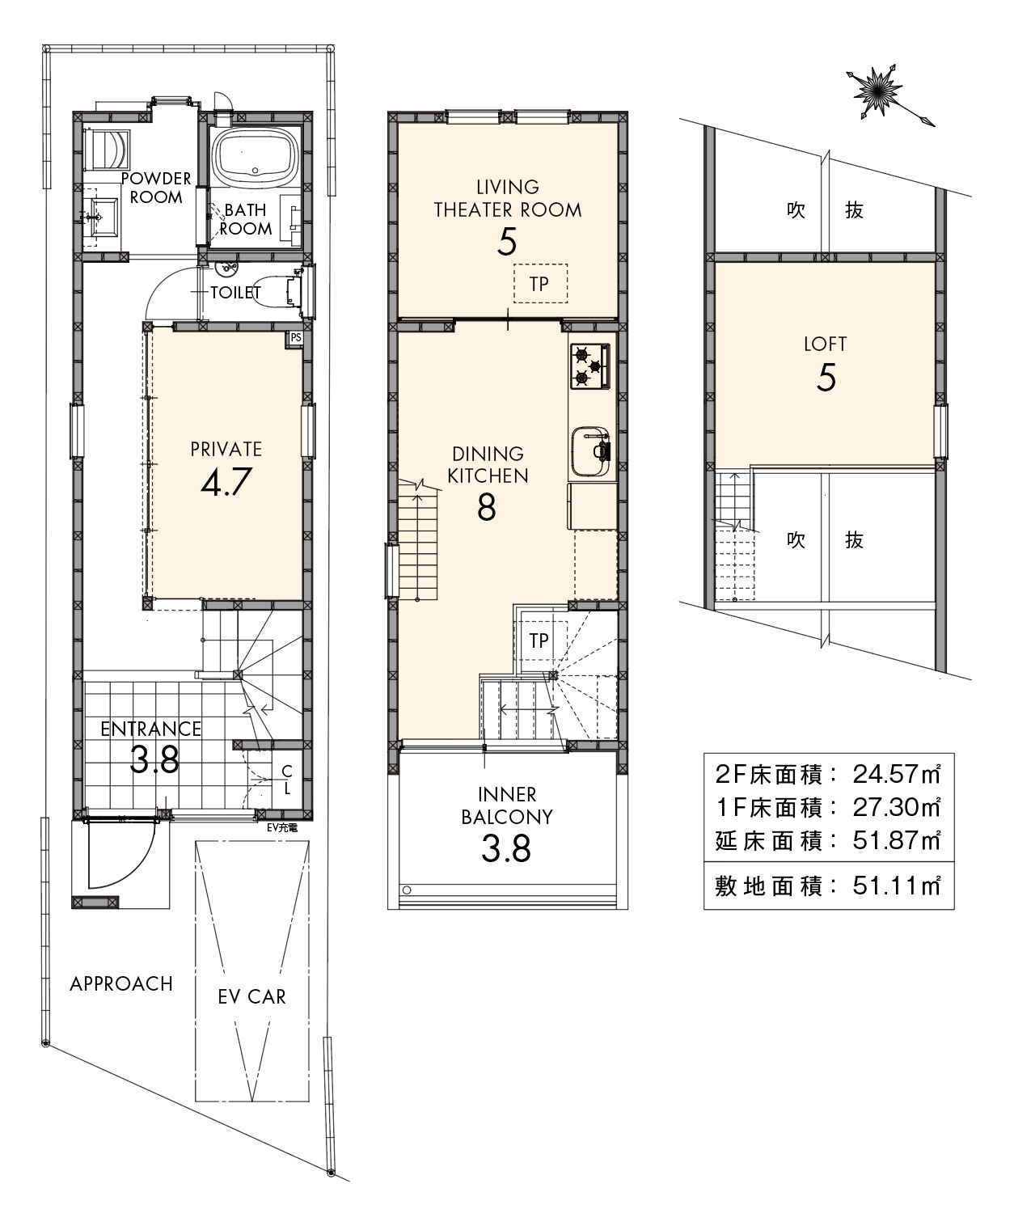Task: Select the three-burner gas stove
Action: (x=590, y=366)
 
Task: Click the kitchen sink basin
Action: (x=590, y=451)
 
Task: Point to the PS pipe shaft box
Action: (x=295, y=338)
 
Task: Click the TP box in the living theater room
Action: (x=540, y=284)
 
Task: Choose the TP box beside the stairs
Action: (x=538, y=640)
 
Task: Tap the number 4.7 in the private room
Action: (x=226, y=482)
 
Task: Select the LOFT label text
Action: (x=826, y=344)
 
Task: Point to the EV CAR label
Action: (x=252, y=996)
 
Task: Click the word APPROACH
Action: (x=121, y=983)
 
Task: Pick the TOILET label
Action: (x=235, y=293)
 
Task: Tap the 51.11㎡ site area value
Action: (x=897, y=886)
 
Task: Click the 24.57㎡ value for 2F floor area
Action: (x=897, y=775)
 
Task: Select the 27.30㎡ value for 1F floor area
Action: (x=897, y=808)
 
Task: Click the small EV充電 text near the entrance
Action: (x=282, y=828)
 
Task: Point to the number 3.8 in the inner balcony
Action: (x=506, y=848)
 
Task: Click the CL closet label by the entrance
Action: (x=287, y=780)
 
